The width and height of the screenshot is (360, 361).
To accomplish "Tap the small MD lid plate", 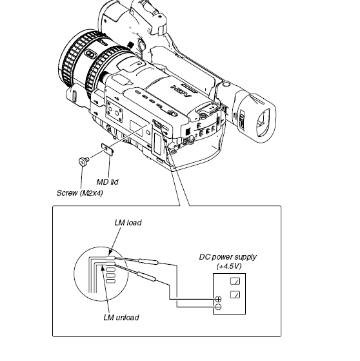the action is (108, 149).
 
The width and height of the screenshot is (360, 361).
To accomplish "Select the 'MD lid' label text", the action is (108, 182).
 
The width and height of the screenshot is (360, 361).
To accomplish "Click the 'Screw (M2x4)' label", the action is (80, 193).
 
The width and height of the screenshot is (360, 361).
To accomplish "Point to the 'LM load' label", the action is (128, 223).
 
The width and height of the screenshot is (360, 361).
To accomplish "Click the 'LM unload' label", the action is (121, 318).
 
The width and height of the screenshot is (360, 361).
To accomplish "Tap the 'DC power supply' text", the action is (228, 257).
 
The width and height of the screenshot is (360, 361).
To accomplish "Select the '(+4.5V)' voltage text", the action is (229, 266).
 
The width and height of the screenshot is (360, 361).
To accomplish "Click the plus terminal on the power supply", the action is (218, 299).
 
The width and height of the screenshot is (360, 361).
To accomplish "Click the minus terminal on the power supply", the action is (218, 307).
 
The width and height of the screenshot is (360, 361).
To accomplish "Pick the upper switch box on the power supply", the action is (235, 281).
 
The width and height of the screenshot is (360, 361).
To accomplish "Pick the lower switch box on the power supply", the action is (235, 294).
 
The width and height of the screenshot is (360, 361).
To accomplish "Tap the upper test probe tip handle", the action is (148, 262).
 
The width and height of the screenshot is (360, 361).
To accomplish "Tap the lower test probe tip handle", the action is (146, 276).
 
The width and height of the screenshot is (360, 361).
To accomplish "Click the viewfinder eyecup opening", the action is (263, 122).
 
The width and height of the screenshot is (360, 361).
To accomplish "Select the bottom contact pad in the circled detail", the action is (111, 281).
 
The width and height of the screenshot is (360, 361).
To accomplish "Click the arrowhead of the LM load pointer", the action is (111, 253).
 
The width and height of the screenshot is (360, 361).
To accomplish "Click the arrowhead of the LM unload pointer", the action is (103, 269).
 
